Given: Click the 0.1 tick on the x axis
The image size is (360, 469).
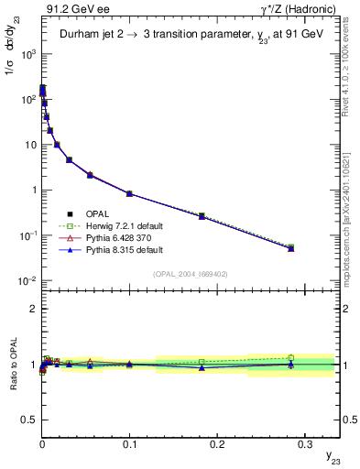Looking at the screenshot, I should pos(129,439).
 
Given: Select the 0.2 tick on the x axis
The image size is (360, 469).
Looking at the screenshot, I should pos(217,439).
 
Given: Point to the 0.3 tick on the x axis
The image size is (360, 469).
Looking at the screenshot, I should pos(304,439).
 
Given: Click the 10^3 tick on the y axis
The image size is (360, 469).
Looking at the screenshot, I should pos(27,54).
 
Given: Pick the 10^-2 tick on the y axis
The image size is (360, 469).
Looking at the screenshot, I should pos(27,280).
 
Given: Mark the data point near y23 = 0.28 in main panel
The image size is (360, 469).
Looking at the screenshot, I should pos(290,247).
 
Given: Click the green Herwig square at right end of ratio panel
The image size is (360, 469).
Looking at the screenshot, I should pos(290,357).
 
